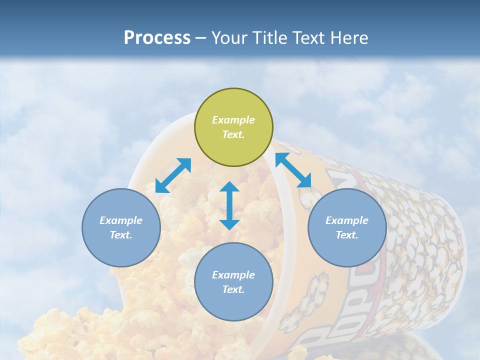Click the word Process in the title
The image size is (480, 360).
157,38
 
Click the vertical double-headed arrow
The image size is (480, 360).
229,206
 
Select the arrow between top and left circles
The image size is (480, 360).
173,175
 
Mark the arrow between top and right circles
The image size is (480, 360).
293,170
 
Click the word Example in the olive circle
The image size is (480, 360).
233,120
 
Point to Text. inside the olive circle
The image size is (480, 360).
233,134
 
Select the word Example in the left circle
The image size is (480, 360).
121,220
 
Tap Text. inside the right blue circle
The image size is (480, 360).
347,235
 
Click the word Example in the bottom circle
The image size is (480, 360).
233,275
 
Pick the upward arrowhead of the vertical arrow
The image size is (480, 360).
229,187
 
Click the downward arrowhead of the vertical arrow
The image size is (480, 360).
229,224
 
